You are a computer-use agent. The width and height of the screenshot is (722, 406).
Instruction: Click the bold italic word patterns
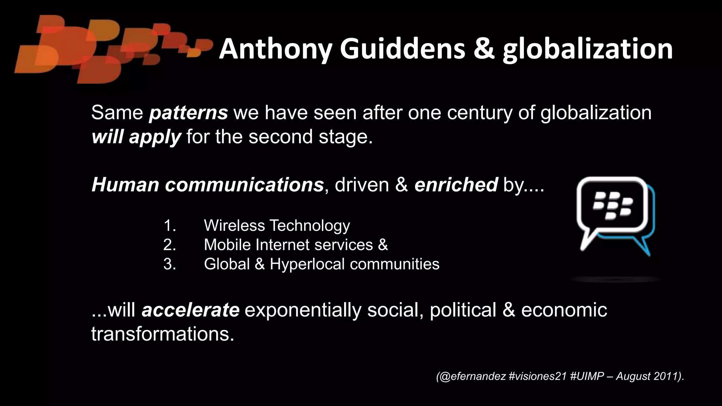[x=189, y=113]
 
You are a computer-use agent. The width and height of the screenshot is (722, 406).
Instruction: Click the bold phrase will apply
[x=136, y=137]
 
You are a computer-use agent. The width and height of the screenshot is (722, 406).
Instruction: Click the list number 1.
[x=170, y=226]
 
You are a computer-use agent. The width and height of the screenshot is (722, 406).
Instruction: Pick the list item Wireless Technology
[x=277, y=226]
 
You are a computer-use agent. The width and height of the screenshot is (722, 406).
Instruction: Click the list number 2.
[x=170, y=245]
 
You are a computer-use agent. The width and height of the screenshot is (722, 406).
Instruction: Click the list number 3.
[x=170, y=264]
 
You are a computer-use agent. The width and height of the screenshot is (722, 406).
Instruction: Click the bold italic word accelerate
[x=191, y=310]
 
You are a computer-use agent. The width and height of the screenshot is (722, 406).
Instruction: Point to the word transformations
[x=163, y=333]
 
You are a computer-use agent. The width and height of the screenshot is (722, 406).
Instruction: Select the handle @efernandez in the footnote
[x=471, y=376]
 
